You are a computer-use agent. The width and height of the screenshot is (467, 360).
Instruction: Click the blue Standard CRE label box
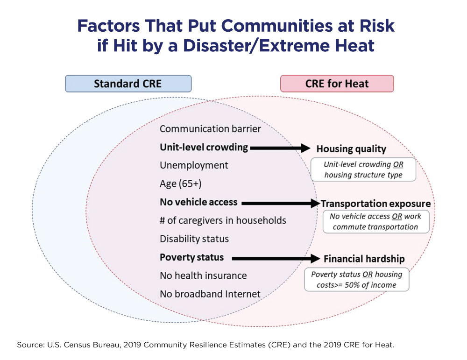click(x=128, y=84)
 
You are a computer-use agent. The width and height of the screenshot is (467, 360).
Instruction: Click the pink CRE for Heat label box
click(x=337, y=84)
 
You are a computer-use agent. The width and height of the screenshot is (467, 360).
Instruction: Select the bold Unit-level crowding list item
click(x=204, y=147)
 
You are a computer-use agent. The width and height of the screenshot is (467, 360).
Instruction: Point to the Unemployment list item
click(x=194, y=165)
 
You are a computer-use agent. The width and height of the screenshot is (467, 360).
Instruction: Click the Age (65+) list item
click(x=181, y=184)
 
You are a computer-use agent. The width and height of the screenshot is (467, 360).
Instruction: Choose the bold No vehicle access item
click(x=198, y=202)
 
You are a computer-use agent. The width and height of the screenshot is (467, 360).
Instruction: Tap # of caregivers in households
click(x=223, y=220)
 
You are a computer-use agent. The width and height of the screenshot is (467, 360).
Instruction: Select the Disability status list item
click(x=194, y=239)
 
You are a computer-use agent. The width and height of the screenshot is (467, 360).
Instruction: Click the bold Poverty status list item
click(x=191, y=257)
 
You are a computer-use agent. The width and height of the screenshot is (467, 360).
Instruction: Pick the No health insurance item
click(x=203, y=275)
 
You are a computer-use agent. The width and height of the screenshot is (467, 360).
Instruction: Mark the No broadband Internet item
click(x=210, y=294)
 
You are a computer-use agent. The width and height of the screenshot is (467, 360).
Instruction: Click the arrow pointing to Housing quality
click(x=280, y=148)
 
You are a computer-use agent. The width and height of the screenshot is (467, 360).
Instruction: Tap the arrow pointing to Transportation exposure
click(x=280, y=203)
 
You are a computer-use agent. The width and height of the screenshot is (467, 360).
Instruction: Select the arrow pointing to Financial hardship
click(x=276, y=258)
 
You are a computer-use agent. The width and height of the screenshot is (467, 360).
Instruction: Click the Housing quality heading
click(x=351, y=149)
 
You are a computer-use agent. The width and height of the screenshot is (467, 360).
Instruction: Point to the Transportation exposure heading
click(x=375, y=204)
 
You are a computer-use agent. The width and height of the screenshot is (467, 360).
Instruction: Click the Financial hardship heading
click(x=364, y=259)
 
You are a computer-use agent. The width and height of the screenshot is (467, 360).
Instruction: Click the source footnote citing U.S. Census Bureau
click(x=206, y=345)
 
